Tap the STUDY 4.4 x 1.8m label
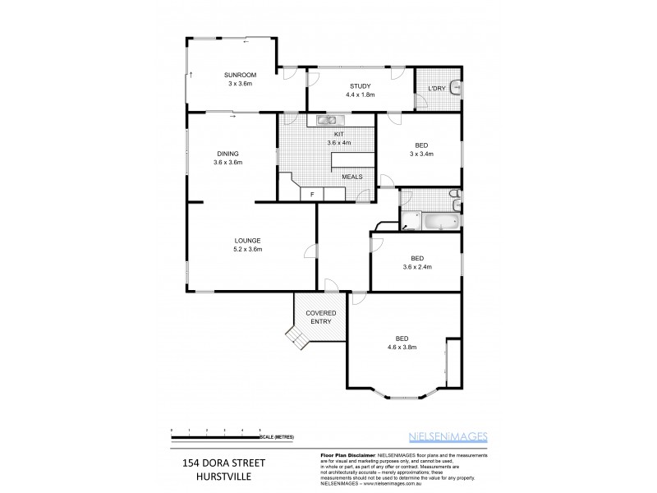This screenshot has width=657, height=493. (x=360, y=85)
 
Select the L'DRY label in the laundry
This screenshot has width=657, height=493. (x=436, y=89)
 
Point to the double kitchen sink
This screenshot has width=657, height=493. (x=320, y=121)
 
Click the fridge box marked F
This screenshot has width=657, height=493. (x=311, y=194)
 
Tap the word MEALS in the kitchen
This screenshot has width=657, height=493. (x=351, y=177)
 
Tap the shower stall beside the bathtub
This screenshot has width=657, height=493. (x=409, y=221)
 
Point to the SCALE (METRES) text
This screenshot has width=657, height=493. (x=278, y=435)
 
